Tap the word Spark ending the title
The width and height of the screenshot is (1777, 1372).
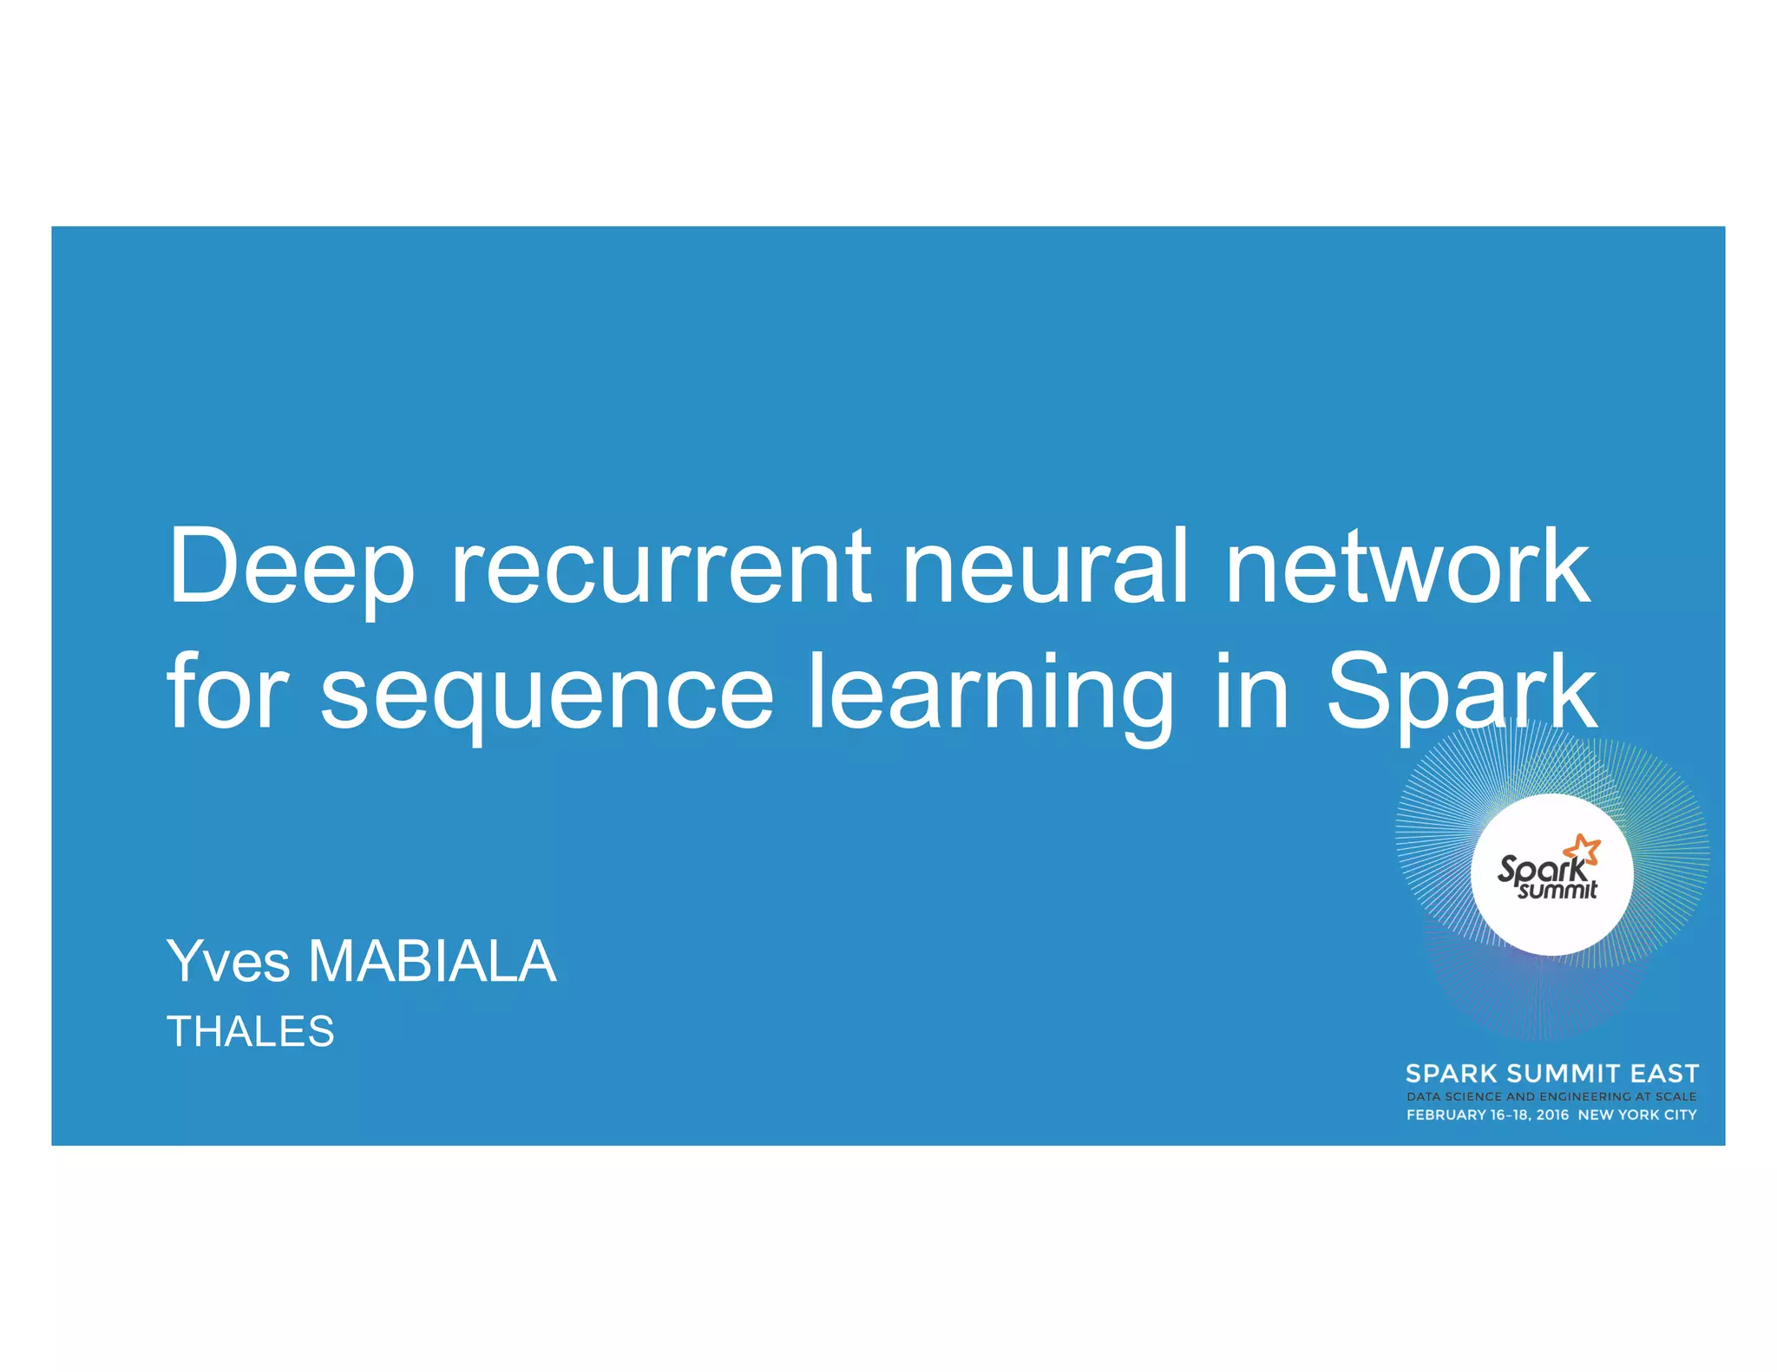(1461, 693)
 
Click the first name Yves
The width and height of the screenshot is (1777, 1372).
(228, 962)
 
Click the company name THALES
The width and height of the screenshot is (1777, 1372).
(250, 1031)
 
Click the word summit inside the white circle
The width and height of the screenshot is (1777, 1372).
(1557, 890)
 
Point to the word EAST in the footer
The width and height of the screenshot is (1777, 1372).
(1663, 1074)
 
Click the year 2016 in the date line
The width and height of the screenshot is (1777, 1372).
(1552, 1114)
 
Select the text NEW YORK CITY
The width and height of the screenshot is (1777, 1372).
(1636, 1114)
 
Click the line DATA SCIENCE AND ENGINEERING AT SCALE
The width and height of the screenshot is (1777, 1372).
(1551, 1096)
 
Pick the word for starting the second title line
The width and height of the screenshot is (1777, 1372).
(227, 693)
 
